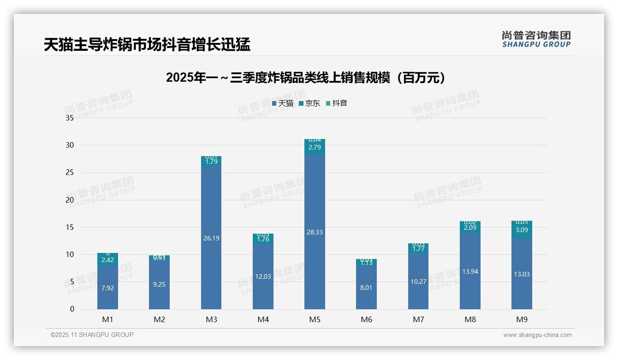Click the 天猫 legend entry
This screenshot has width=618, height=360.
pyautogui.click(x=283, y=103)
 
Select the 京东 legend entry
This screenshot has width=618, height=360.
pyautogui.click(x=309, y=103)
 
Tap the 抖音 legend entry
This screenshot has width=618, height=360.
pyautogui.click(x=336, y=103)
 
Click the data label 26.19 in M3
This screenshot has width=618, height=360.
pyautogui.click(x=211, y=238)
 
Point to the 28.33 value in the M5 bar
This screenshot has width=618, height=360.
pyautogui.click(x=315, y=232)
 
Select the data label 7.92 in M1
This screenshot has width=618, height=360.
pyautogui.click(x=107, y=288)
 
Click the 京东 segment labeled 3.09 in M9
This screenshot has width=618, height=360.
pyautogui.click(x=522, y=230)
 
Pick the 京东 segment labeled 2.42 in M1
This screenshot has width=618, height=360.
pyautogui.click(x=107, y=260)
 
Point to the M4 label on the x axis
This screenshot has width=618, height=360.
pyautogui.click(x=263, y=319)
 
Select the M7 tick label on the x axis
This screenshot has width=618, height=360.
pyautogui.click(x=418, y=319)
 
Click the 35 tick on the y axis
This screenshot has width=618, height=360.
pyautogui.click(x=70, y=118)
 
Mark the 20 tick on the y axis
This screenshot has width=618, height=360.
pyautogui.click(x=70, y=200)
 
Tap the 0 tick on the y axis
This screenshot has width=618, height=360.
pyautogui.click(x=72, y=309)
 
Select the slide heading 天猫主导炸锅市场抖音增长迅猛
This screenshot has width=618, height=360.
pyautogui.click(x=147, y=45)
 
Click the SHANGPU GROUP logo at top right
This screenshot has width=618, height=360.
pyautogui.click(x=536, y=39)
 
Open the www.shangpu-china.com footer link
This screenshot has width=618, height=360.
pyautogui.click(x=537, y=335)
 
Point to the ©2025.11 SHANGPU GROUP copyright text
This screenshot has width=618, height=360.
pyautogui.click(x=92, y=335)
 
